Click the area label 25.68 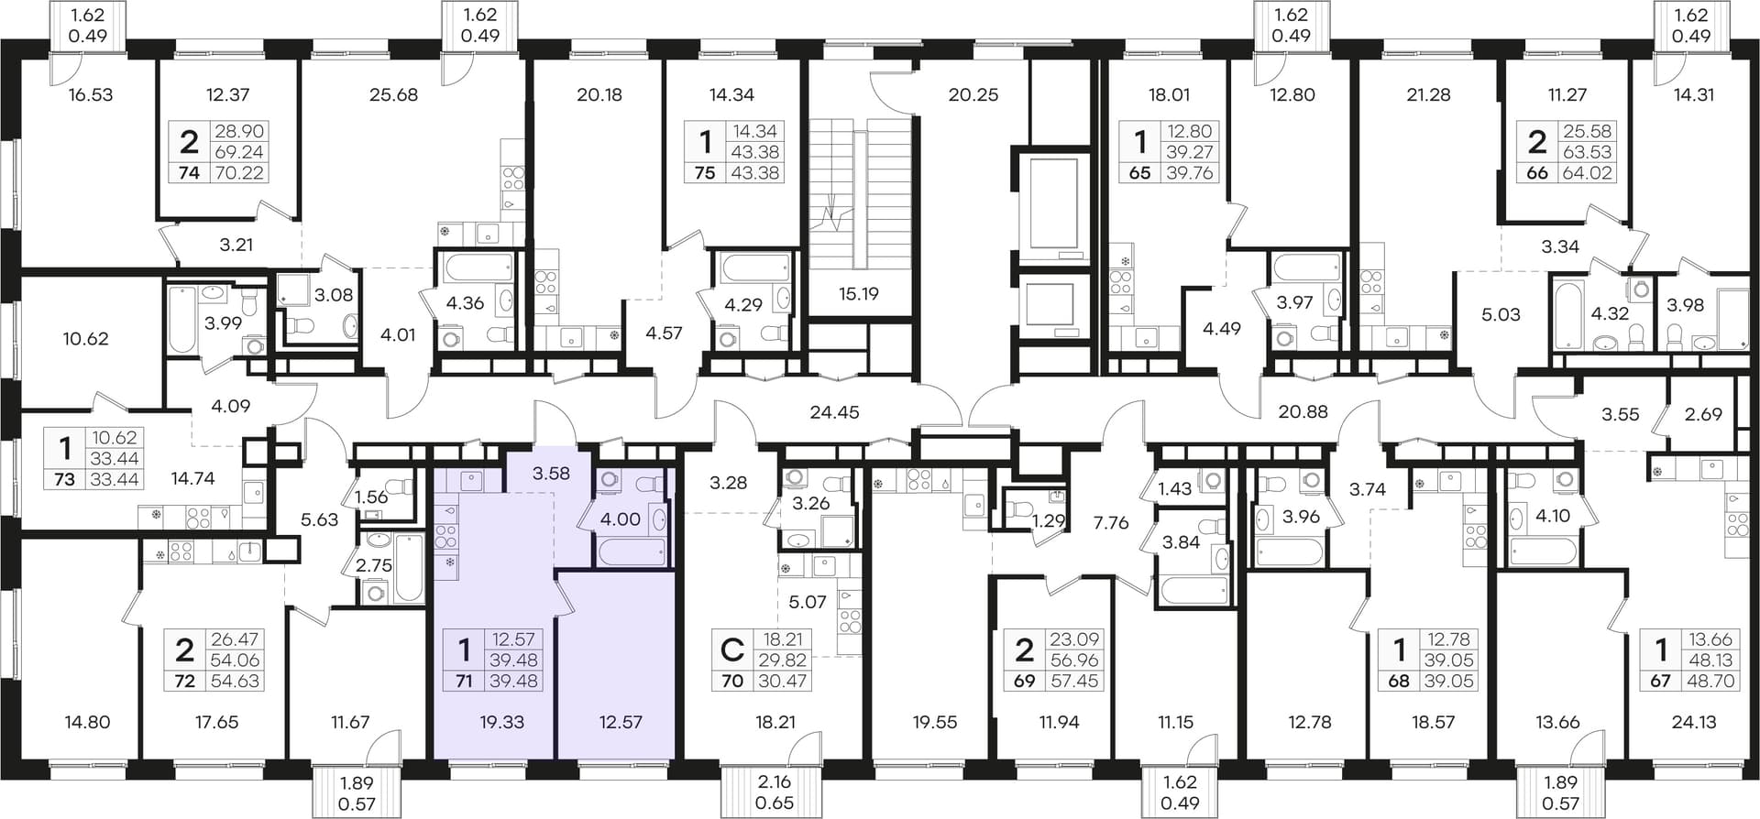[393, 94]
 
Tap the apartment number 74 [189, 173]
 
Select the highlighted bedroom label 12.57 [621, 722]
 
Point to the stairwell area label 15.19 [859, 294]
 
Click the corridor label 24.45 [835, 412]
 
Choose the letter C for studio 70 [731, 650]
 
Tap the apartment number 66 [1537, 173]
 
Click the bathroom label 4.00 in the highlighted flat [620, 519]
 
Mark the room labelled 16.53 [91, 94]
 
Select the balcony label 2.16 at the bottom [775, 782]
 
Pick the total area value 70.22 [238, 173]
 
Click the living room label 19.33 [502, 722]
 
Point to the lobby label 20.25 [973, 94]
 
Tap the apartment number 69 [1024, 681]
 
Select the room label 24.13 [1693, 722]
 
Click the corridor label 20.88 [1303, 412]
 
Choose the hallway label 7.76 [1111, 523]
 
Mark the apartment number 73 [64, 478]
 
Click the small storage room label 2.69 [1703, 414]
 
